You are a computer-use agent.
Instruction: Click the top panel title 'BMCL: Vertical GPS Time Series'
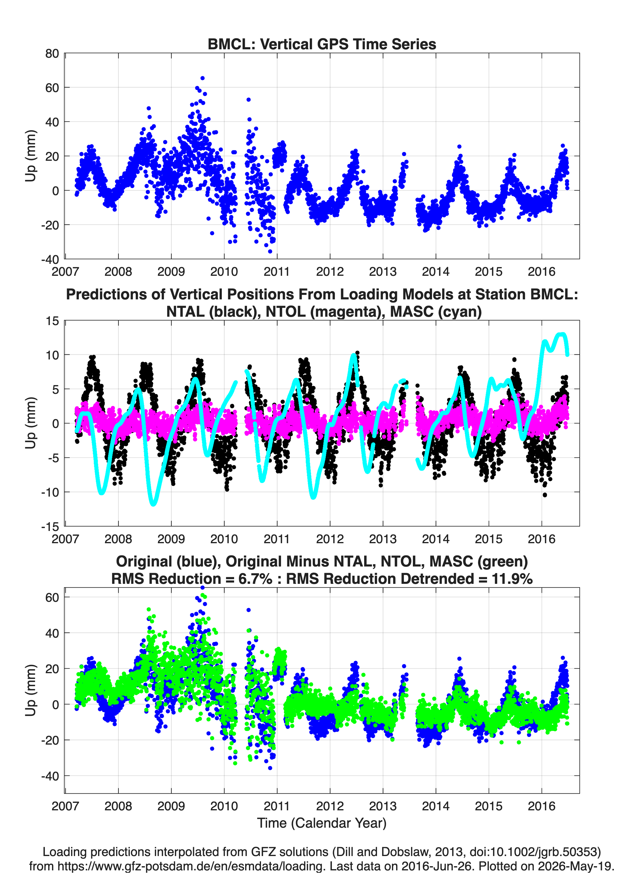click(x=322, y=44)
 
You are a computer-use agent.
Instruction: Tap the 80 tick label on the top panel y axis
click(x=52, y=53)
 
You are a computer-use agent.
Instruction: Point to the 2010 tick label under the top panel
click(x=224, y=272)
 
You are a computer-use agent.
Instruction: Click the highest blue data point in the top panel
click(x=202, y=78)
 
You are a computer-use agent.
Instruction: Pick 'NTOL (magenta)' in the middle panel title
click(x=326, y=312)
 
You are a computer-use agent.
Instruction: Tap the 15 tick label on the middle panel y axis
click(x=52, y=321)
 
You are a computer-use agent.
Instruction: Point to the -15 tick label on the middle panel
click(x=50, y=526)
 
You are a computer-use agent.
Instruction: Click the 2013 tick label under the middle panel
click(x=383, y=539)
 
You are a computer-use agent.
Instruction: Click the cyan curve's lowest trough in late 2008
click(x=153, y=504)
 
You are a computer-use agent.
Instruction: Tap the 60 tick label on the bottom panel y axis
click(x=52, y=598)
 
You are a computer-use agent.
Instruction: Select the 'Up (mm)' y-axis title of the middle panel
click(x=31, y=423)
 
